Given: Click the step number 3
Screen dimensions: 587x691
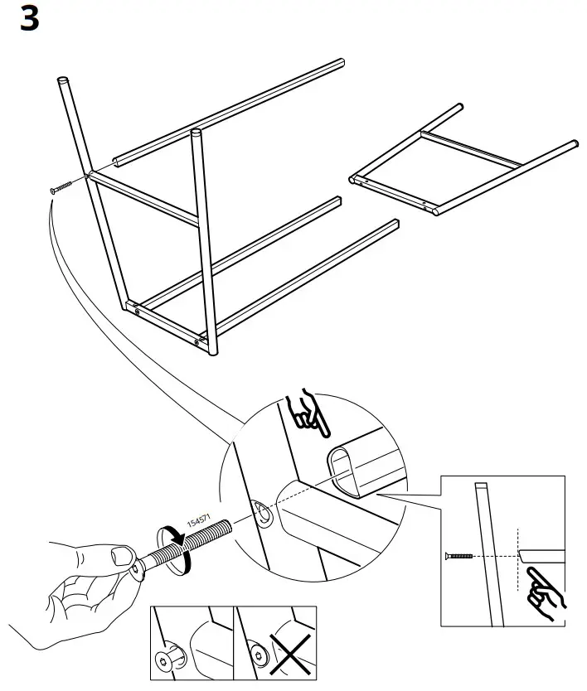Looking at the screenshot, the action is [30, 19].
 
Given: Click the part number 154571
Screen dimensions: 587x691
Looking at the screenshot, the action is [199, 520].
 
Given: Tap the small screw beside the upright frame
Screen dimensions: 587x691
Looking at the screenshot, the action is [61, 187].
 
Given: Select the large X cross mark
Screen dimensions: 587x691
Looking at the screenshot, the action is [289, 655].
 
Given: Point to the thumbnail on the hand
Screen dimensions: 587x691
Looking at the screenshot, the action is [121, 556].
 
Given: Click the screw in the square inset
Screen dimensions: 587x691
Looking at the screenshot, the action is [458, 556].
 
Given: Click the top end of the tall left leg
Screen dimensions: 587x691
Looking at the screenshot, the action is [63, 80].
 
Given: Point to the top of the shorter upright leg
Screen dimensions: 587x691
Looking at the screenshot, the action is [196, 132].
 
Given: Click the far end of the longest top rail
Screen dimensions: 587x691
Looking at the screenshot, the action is [341, 62].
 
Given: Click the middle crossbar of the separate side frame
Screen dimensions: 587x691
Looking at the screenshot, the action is [471, 149].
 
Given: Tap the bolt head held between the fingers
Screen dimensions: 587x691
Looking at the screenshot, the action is [138, 570].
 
